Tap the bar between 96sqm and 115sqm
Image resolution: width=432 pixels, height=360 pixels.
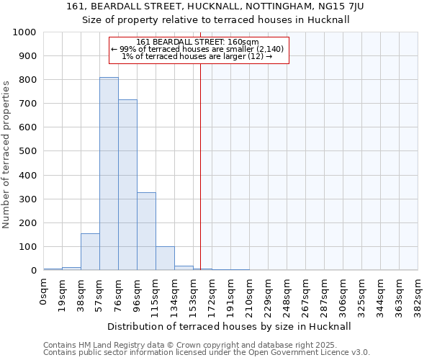pos(146,231)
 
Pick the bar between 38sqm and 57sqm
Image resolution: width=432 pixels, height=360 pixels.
pos(90,252)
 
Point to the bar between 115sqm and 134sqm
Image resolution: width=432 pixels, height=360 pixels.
pos(165,258)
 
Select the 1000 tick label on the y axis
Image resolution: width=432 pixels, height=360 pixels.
pos(24,32)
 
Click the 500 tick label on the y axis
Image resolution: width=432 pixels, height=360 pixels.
pos(27,151)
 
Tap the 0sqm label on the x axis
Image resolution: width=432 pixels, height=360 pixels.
pos(44,290)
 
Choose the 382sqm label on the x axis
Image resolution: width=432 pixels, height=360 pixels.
pos(418,294)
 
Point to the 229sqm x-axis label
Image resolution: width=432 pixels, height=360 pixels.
pos(268,294)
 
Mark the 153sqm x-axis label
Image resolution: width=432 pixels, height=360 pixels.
pos(193,294)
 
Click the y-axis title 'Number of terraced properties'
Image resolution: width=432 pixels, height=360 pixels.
pos(7,154)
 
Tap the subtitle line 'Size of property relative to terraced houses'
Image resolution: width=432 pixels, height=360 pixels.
pos(216,19)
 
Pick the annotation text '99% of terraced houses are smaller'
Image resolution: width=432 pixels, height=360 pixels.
pos(197,49)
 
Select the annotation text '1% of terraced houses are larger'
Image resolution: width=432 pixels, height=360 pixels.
pos(197,56)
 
